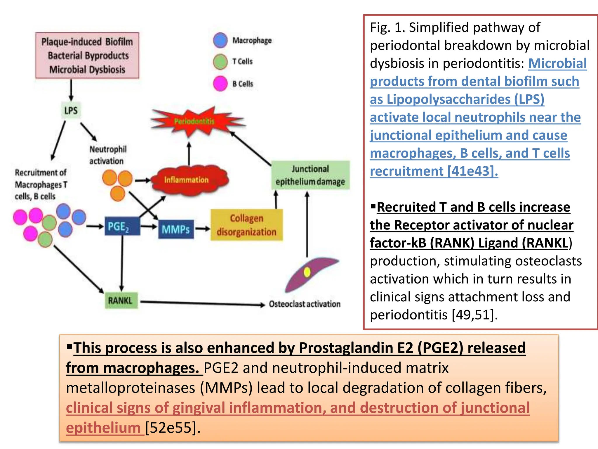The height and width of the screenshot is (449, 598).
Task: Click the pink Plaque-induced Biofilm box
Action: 87,56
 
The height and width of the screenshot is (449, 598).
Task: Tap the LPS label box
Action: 71,110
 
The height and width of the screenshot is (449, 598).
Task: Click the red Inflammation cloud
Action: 187,180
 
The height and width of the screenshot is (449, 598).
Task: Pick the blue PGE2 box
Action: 122,226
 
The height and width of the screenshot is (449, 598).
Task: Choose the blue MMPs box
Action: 176,229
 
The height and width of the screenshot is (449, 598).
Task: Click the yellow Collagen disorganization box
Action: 246,225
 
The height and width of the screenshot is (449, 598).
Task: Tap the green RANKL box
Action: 121,301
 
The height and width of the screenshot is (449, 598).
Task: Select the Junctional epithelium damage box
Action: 310,175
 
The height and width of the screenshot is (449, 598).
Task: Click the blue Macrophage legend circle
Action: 220,40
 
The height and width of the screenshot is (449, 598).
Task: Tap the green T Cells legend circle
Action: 220,62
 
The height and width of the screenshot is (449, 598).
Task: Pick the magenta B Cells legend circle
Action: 220,84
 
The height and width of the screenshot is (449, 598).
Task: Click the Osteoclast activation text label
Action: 305,304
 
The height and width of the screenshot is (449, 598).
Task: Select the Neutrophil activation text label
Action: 108,155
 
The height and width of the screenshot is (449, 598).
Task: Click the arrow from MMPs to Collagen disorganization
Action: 202,229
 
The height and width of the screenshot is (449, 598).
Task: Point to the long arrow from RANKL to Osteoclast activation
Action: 201,303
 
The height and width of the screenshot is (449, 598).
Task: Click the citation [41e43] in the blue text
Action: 472,171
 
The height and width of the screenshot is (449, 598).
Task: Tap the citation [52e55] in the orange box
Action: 173,428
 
